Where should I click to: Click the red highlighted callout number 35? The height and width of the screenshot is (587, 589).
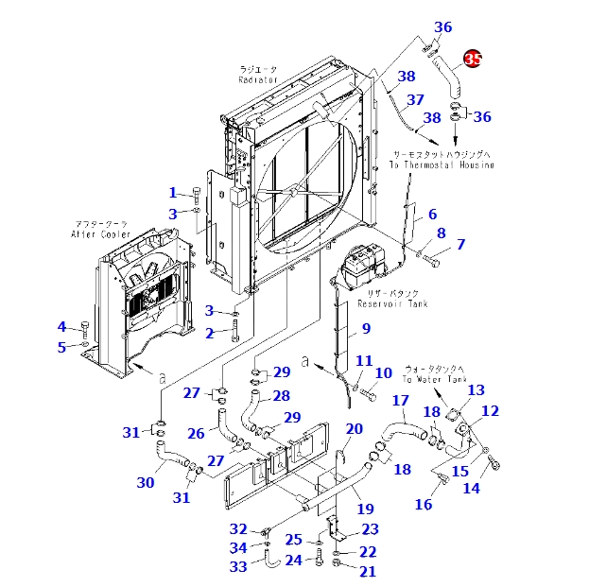(x=473, y=60)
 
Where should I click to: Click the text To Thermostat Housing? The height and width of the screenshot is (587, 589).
(x=442, y=164)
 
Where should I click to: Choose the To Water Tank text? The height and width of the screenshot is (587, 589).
(x=435, y=379)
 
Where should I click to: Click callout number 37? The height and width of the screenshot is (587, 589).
(x=414, y=99)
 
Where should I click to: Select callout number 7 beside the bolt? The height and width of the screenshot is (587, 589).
(x=460, y=245)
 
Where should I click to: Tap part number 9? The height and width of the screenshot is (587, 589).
(x=365, y=330)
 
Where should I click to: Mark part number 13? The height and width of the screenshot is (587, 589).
(x=476, y=390)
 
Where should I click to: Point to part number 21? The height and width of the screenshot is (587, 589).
(x=367, y=571)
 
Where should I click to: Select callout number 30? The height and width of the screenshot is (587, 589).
(x=145, y=482)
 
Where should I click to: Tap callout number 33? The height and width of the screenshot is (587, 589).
(x=238, y=566)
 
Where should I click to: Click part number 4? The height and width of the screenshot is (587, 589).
(x=62, y=327)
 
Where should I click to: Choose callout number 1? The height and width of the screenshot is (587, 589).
(x=173, y=193)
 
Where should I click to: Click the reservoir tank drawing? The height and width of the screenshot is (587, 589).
(x=358, y=266)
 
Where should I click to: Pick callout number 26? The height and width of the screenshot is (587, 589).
(x=196, y=434)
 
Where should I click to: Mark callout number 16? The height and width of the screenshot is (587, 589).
(x=423, y=505)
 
